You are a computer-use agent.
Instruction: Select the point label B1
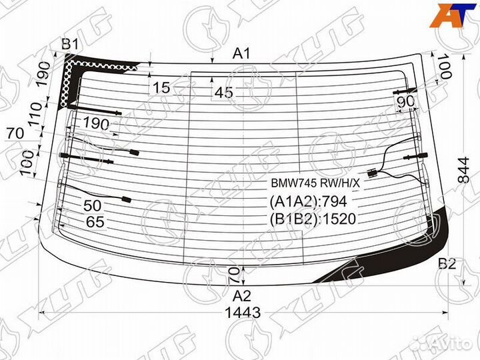coord(70,45)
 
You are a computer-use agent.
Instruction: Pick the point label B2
coord(447,265)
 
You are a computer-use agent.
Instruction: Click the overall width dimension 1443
coord(243,312)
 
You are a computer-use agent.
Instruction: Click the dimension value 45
coord(225,93)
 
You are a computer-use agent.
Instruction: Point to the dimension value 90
coord(405,101)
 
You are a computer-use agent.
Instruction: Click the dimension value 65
coord(95,223)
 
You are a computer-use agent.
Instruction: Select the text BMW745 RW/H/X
coord(315,183)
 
